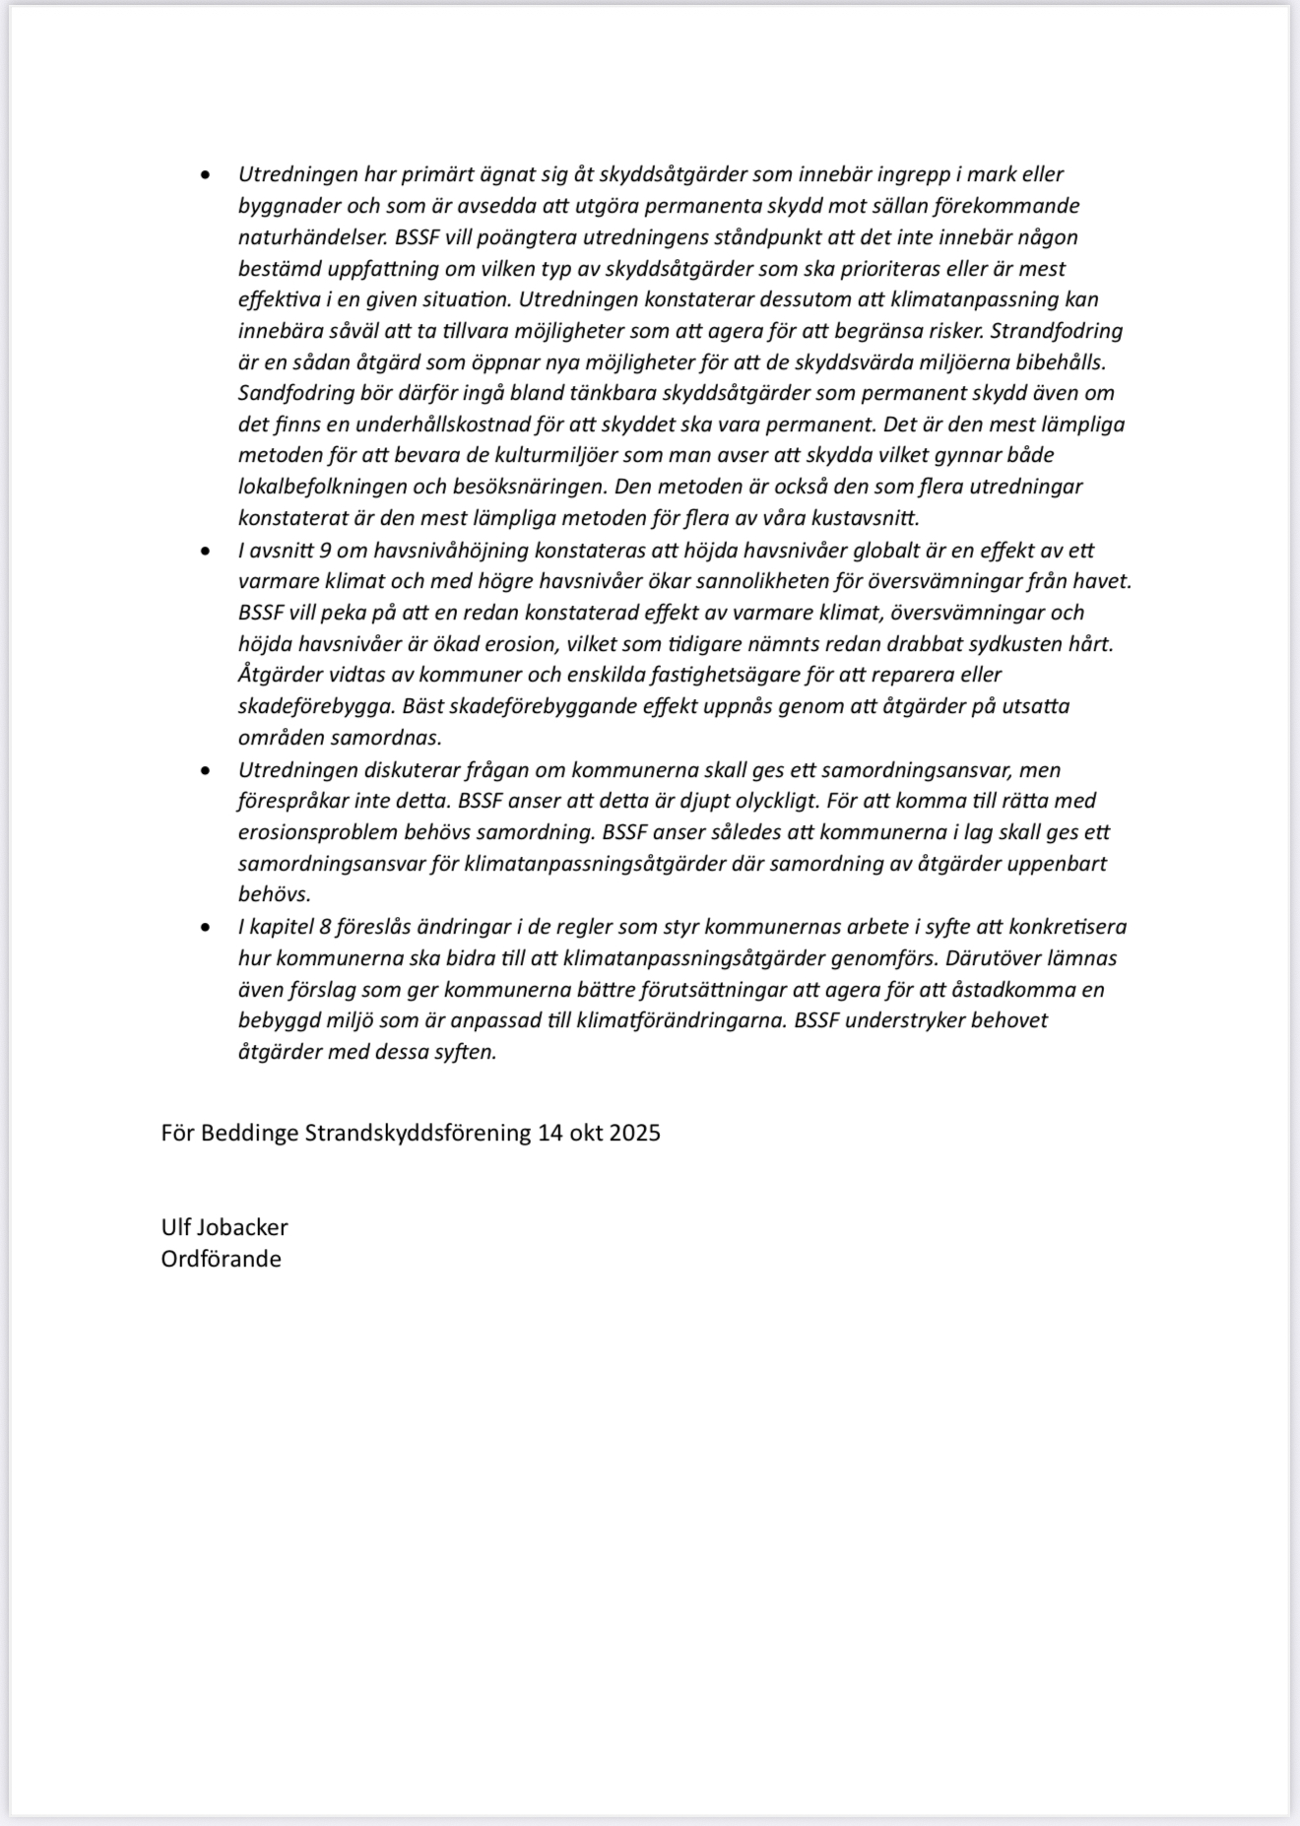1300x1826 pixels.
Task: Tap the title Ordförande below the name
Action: (221, 1259)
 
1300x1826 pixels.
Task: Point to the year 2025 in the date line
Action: (634, 1133)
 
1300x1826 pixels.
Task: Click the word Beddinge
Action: (250, 1133)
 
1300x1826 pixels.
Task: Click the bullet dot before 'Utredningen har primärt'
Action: (205, 175)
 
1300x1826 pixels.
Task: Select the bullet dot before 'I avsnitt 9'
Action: (205, 551)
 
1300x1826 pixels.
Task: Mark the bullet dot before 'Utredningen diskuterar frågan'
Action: (205, 770)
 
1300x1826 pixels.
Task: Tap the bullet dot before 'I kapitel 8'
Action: (205, 927)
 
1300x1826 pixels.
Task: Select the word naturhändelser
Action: (314, 237)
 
